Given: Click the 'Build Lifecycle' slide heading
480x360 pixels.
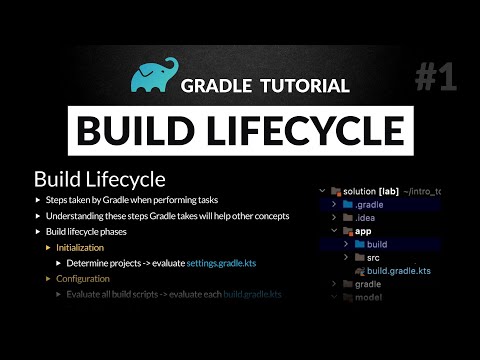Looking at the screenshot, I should click(x=99, y=179).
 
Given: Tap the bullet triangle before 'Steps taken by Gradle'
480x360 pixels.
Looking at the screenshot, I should click(x=37, y=201).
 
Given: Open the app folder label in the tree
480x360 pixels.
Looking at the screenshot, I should click(x=363, y=231).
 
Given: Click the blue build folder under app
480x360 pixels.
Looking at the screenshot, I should click(x=376, y=244).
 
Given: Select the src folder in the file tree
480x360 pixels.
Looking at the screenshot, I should click(x=373, y=258).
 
